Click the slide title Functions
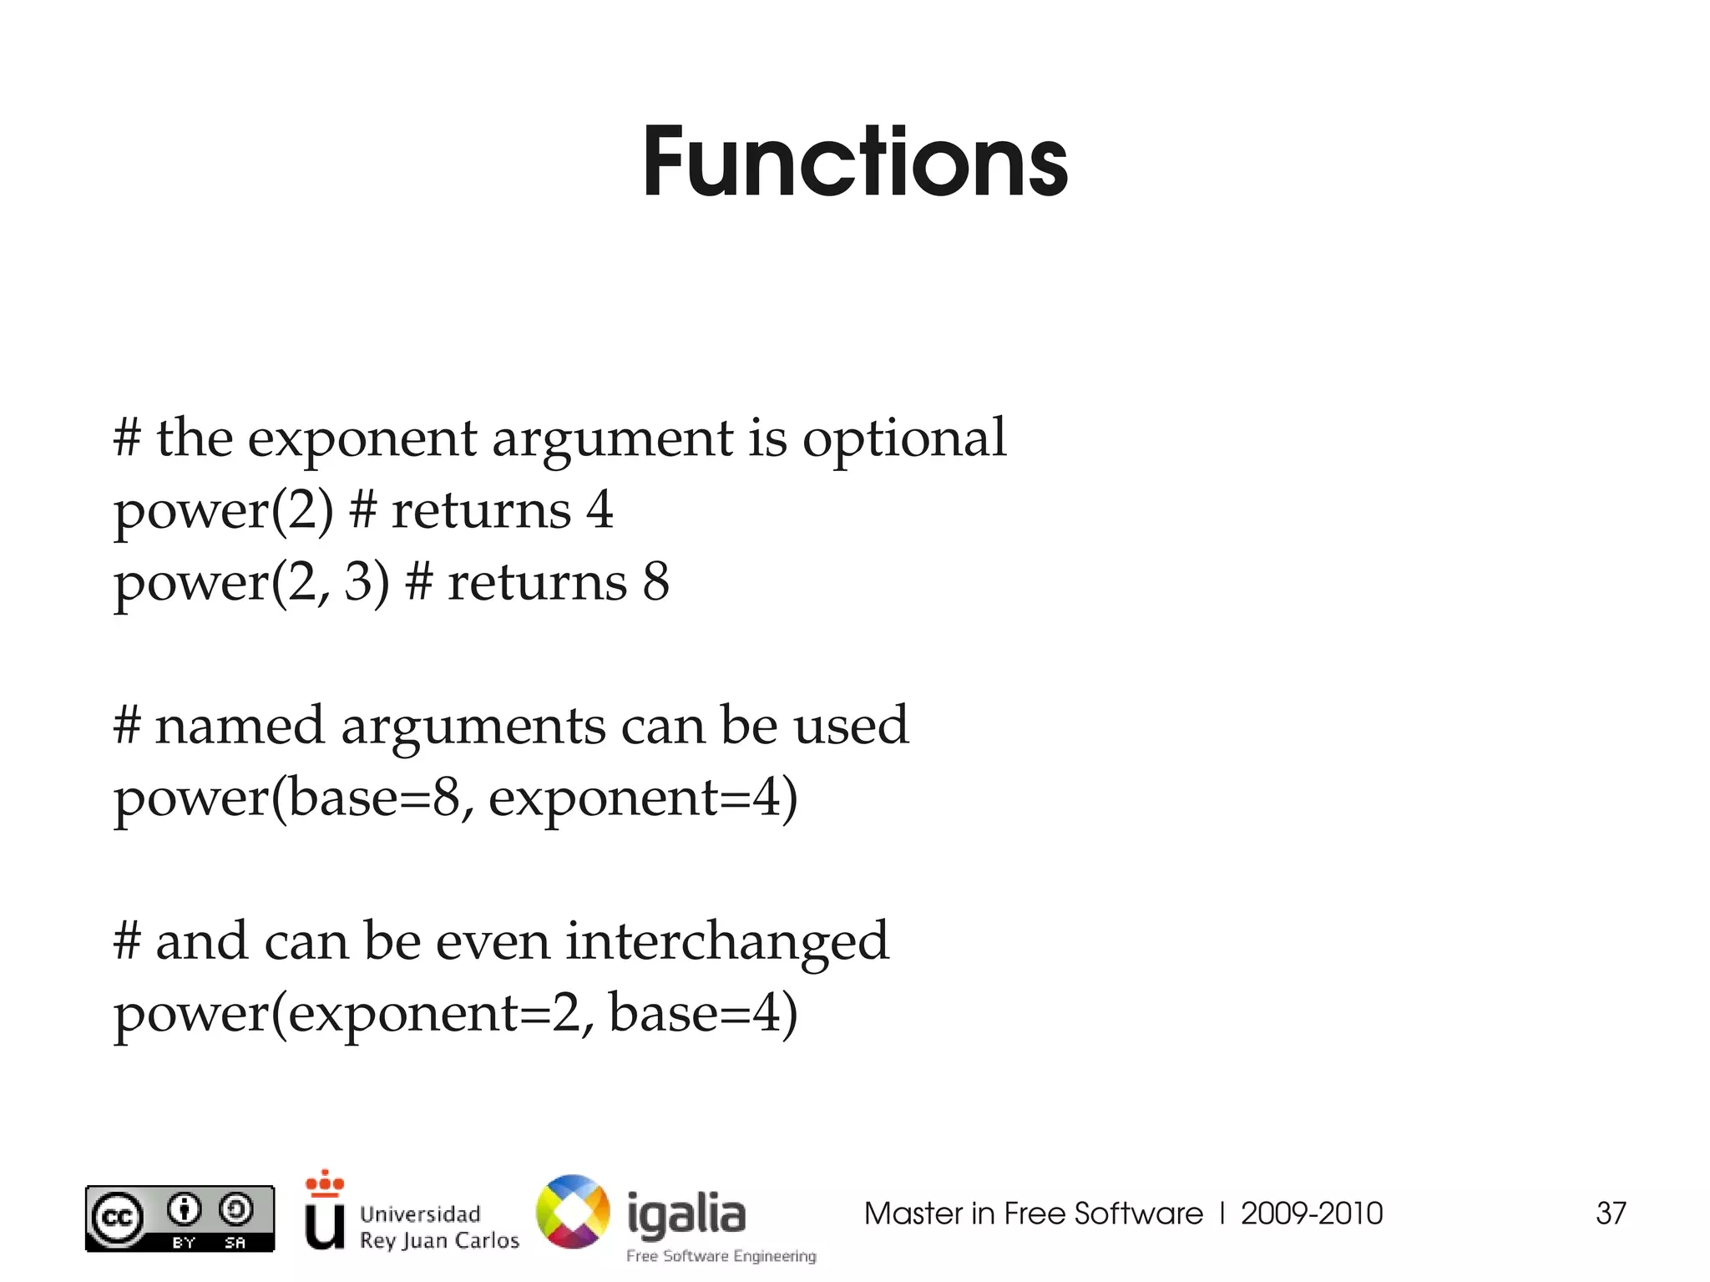click(x=855, y=163)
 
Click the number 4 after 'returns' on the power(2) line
click(x=600, y=509)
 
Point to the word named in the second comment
click(x=239, y=725)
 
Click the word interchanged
click(x=727, y=942)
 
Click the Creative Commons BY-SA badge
click(x=180, y=1219)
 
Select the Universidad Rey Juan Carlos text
click(x=438, y=1227)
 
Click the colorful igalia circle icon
click(x=573, y=1212)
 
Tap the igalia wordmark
click(x=686, y=1214)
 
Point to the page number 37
click(x=1611, y=1214)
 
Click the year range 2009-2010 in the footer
click(x=1312, y=1214)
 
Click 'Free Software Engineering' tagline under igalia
click(x=721, y=1256)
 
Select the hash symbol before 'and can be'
click(x=127, y=942)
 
